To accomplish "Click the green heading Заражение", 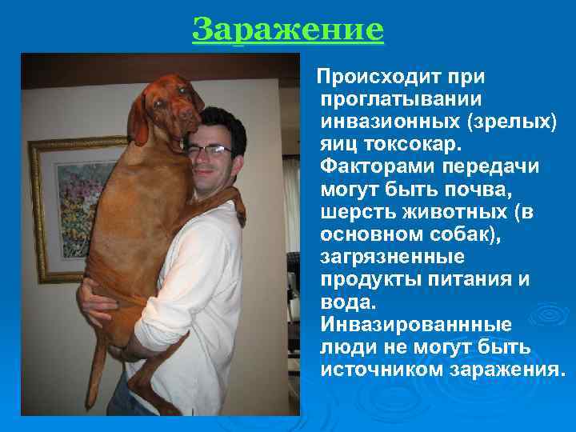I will coord(288,30).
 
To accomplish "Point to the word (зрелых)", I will coord(509,123).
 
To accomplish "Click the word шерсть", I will coord(356,213).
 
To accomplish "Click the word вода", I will coord(344,302).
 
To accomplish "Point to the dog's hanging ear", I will coord(139,120).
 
